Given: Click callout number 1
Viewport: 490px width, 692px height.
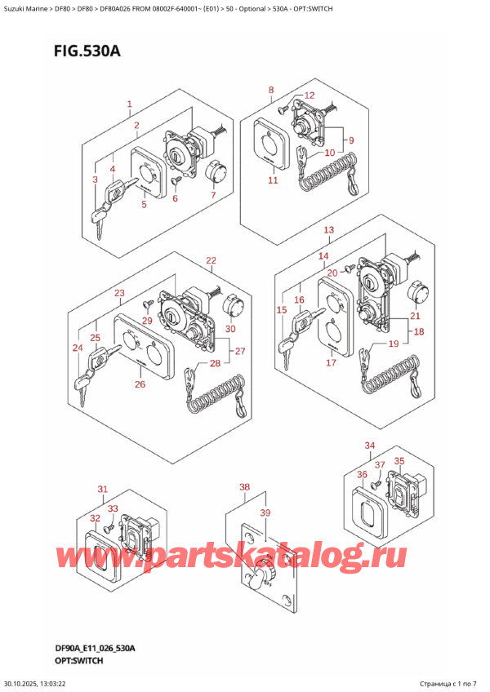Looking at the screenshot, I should pos(129,104).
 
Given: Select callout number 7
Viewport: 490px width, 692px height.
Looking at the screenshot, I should pos(212,195).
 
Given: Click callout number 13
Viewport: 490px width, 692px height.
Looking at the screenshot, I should pos(328,230).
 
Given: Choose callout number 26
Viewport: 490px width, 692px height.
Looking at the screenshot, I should pos(140,384).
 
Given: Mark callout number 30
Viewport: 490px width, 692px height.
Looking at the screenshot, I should pos(230,329).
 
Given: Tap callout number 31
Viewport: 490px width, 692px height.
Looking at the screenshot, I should pos(103,490).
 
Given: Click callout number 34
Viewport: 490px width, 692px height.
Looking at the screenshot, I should pos(369,445).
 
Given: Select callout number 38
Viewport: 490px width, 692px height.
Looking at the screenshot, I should pos(244,486).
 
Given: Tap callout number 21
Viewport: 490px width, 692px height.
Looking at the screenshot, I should pos(415,316).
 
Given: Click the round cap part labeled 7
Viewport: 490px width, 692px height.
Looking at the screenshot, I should pos(216,172).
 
